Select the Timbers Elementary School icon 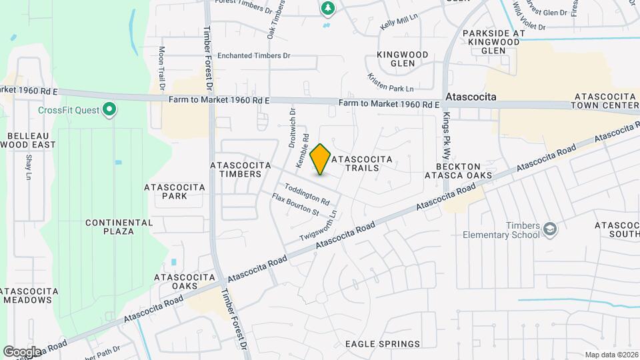point(550,230)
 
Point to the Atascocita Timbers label point(240,169)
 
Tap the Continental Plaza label point(109,227)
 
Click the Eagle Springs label point(383,344)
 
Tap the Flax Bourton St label point(295,204)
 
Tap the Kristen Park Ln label point(391,83)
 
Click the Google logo point(22,351)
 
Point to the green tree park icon point(327,8)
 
